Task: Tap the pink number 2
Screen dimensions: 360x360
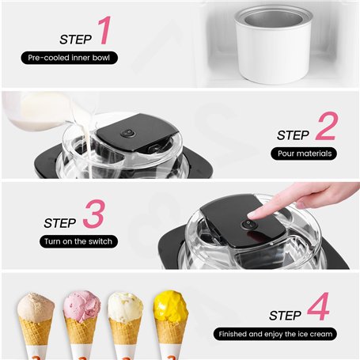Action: tap(327, 126)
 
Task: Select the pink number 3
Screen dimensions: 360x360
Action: tap(94, 214)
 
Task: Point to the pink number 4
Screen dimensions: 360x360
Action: tap(318, 306)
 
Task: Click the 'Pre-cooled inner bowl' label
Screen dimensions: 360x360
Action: tap(69, 58)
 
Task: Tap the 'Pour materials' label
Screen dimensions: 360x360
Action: tap(304, 153)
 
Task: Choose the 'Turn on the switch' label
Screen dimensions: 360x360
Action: tap(78, 241)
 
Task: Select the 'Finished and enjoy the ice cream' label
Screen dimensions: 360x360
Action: tap(275, 334)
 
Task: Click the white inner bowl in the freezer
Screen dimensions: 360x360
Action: tap(273, 44)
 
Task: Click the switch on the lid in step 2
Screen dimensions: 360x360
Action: tap(128, 133)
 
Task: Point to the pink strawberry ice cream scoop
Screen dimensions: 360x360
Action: tap(82, 305)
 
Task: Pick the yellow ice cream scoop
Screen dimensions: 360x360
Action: tap(171, 306)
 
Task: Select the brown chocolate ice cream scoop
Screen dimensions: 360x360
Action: tap(36, 307)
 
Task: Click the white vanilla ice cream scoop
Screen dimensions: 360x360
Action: tap(126, 306)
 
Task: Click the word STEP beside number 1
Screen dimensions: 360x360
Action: tap(75, 40)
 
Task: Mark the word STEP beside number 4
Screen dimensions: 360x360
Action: tap(285, 316)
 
